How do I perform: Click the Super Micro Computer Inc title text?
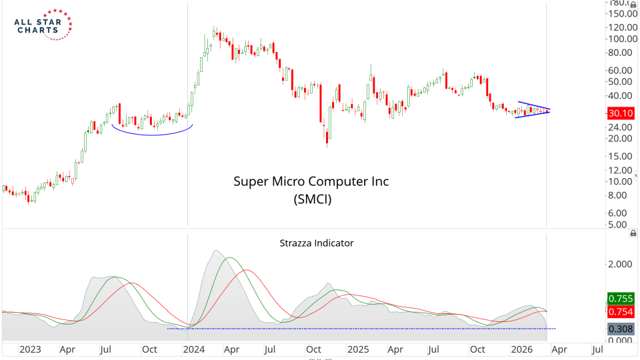point(311,181)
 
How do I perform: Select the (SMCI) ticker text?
point(311,198)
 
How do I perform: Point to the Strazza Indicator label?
point(316,243)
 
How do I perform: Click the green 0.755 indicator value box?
point(621,299)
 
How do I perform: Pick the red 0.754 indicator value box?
point(621,311)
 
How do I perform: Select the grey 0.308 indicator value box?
point(621,328)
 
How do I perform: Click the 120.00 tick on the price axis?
point(621,27)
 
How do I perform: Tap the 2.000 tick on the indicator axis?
point(619,264)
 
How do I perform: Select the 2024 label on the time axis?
point(194,349)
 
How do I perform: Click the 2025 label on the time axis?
point(358,349)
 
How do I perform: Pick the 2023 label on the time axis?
point(30,349)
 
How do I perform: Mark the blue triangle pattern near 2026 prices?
point(533,110)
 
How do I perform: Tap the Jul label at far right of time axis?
point(598,349)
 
